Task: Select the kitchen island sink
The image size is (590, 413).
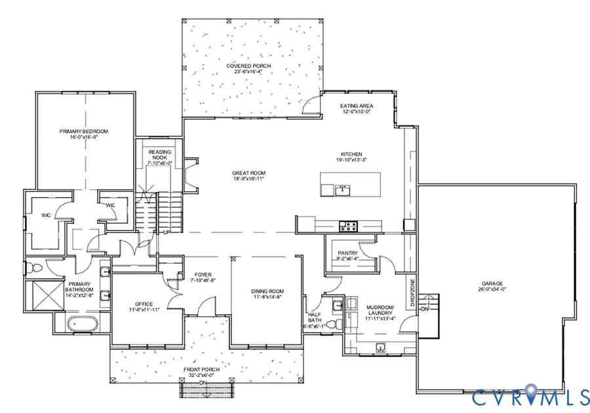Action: pos(342,190)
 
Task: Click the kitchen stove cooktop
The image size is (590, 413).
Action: pos(347,226)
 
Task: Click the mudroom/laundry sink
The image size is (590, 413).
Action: pos(382,346)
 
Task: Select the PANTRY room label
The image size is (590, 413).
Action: pos(347,253)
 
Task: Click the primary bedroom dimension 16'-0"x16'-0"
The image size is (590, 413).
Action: pos(83,137)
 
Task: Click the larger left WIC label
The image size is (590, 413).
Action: pos(47,213)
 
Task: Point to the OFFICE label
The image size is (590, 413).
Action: pos(144,304)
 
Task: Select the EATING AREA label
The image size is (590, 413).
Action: pos(356,105)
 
